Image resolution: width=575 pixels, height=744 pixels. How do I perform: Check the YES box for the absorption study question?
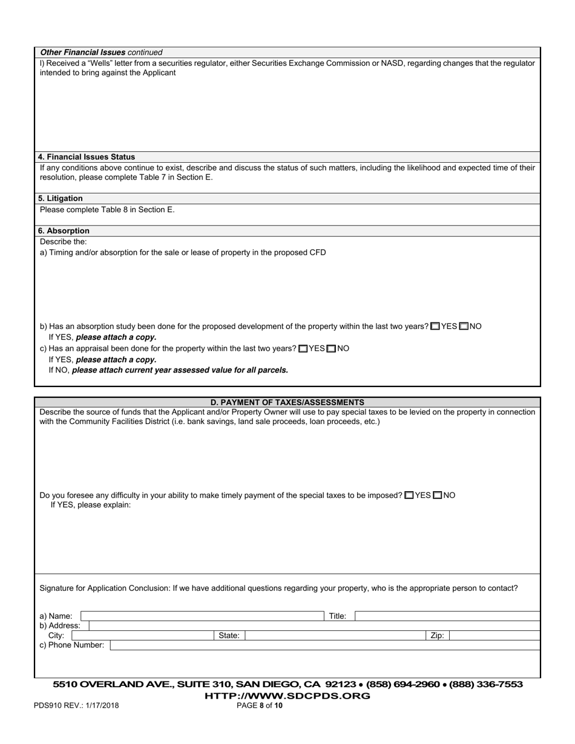pyautogui.click(x=435, y=327)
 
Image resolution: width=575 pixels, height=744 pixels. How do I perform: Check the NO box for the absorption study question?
pyautogui.click(x=464, y=327)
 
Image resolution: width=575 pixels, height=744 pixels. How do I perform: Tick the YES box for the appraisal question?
pyautogui.click(x=303, y=349)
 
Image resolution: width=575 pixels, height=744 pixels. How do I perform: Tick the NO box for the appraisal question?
pyautogui.click(x=331, y=349)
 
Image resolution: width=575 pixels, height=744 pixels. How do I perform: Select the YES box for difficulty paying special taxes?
pyautogui.click(x=409, y=495)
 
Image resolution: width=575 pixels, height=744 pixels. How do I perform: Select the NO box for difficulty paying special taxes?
pyautogui.click(x=438, y=495)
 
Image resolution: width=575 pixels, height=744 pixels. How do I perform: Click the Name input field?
pyautogui.click(x=202, y=616)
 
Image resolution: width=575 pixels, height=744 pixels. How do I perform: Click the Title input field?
pyautogui.click(x=447, y=616)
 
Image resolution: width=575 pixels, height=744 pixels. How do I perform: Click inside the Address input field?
pyautogui.click(x=314, y=626)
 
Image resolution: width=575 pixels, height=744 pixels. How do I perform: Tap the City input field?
pyautogui.click(x=142, y=636)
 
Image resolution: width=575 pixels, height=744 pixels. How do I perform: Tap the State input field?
pyautogui.click(x=335, y=636)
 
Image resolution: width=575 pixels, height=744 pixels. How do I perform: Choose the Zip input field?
pyautogui.click(x=494, y=636)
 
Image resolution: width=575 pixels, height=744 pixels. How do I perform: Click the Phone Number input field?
pyautogui.click(x=324, y=645)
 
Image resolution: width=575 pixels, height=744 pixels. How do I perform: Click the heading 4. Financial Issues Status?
pyautogui.click(x=87, y=157)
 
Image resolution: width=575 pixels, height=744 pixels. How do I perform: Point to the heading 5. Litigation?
pyautogui.click(x=61, y=198)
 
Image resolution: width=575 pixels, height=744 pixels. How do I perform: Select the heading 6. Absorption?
pyautogui.click(x=64, y=231)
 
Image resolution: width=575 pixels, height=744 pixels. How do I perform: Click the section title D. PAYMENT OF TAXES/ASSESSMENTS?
pyautogui.click(x=287, y=402)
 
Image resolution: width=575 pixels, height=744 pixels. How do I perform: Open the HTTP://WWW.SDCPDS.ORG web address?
pyautogui.click(x=287, y=696)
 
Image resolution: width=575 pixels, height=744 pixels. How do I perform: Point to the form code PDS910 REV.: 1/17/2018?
pyautogui.click(x=76, y=705)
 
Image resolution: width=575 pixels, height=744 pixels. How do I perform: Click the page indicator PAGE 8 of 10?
pyautogui.click(x=260, y=705)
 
